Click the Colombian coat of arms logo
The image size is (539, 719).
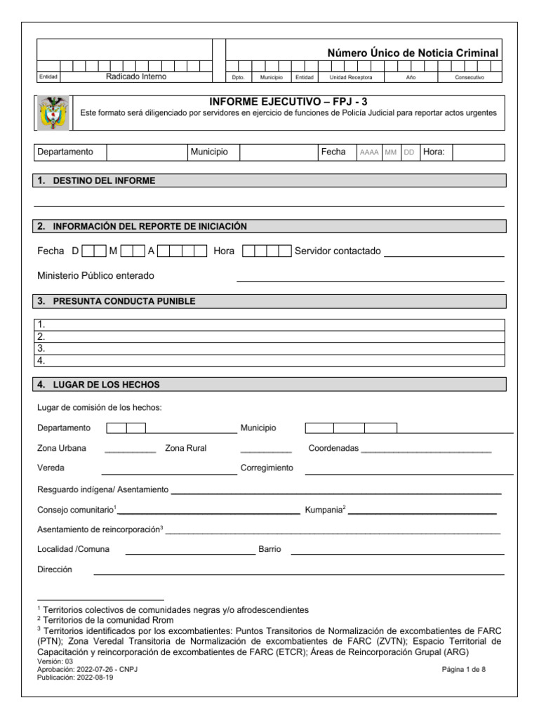point(53,113)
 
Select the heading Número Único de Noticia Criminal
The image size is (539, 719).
point(413,53)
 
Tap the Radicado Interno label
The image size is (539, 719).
point(136,77)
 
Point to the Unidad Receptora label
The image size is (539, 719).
point(351,78)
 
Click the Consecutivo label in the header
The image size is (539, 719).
point(470,78)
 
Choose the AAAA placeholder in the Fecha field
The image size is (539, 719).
point(368,152)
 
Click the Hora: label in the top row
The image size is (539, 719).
point(433,152)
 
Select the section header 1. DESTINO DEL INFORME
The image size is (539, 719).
point(104,180)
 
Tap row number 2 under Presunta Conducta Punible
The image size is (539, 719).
point(41,336)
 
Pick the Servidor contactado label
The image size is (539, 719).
point(338,251)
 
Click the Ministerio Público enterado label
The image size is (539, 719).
point(95,276)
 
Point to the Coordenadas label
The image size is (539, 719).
point(333,448)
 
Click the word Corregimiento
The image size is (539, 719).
point(267,468)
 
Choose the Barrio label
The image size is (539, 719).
point(269,549)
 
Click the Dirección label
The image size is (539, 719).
point(55,569)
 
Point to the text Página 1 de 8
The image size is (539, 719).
point(463,670)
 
